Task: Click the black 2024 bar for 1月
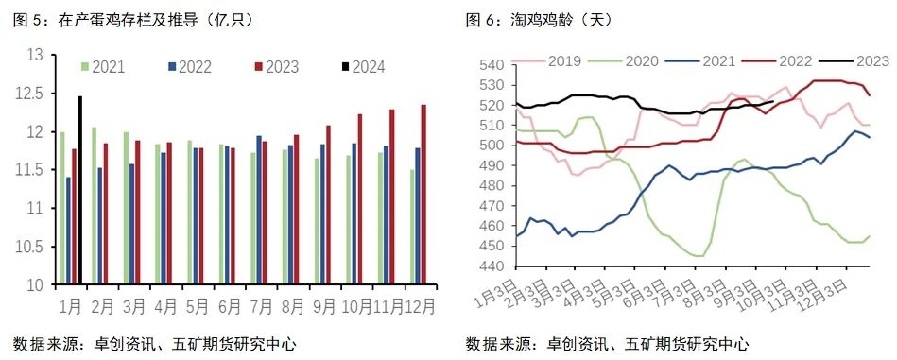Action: (79, 189)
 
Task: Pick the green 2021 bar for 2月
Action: (94, 205)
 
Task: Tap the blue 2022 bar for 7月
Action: (260, 210)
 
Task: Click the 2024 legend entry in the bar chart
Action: (363, 67)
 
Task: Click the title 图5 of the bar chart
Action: (132, 19)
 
